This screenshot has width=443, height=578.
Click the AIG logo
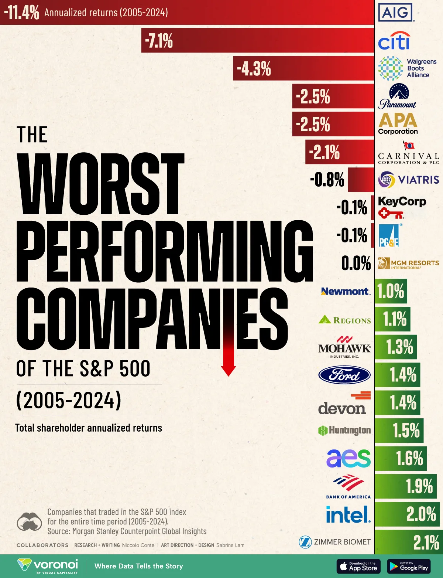click(395, 13)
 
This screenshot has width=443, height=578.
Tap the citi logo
click(394, 41)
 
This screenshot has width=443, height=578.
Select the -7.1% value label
click(159, 41)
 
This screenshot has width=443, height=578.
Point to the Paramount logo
click(398, 96)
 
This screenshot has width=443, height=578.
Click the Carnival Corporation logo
click(408, 153)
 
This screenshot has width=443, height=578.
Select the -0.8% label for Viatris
click(327, 180)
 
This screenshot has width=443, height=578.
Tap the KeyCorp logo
click(402, 207)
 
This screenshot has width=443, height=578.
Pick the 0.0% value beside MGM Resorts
click(356, 263)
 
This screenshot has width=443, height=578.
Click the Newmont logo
click(345, 291)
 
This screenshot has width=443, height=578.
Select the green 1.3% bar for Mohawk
click(396, 347)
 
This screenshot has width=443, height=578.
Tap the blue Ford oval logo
click(344, 375)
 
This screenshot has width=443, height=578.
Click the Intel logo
click(348, 514)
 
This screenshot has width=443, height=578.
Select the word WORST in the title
click(100, 184)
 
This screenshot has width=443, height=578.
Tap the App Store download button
click(358, 566)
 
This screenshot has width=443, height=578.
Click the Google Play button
click(409, 566)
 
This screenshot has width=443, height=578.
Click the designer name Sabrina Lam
click(230, 545)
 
